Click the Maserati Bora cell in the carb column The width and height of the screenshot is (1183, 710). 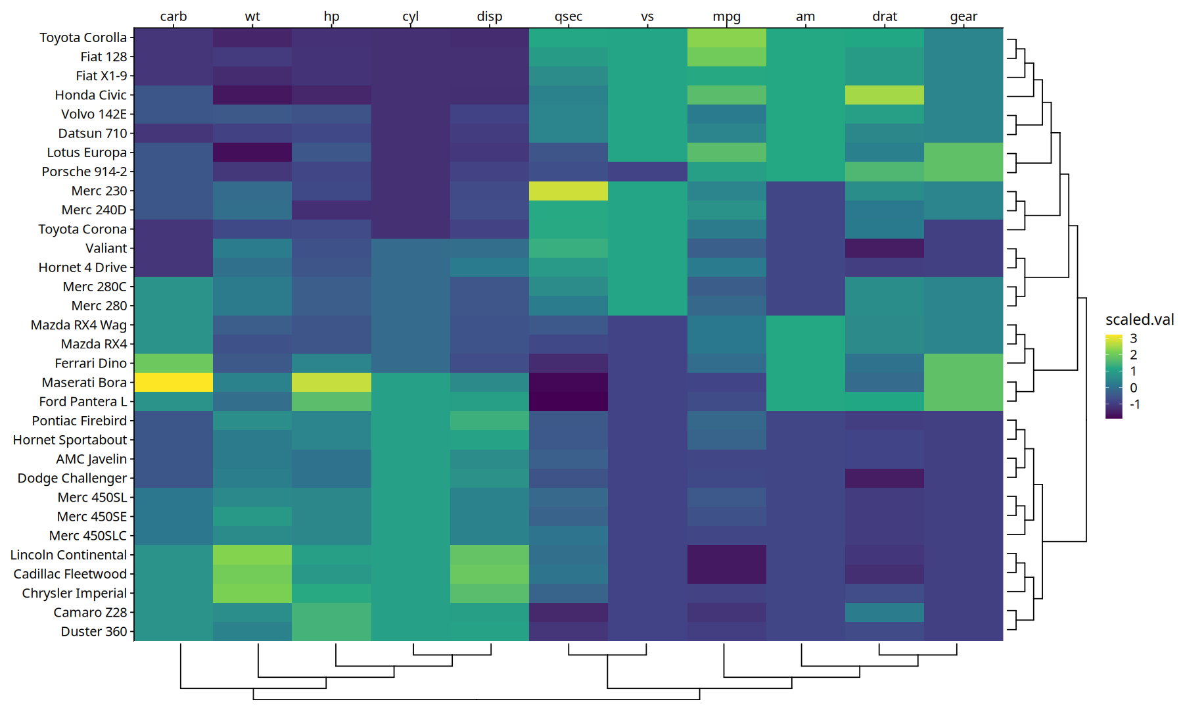coord(174,383)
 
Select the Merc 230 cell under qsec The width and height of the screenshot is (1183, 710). coord(568,191)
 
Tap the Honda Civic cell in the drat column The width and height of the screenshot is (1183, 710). coord(885,95)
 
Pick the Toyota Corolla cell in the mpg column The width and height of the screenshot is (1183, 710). coord(727,37)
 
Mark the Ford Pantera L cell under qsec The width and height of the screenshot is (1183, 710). coord(568,402)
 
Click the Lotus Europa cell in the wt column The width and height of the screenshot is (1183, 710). coord(252,153)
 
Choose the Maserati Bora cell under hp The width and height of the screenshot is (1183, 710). coord(332,383)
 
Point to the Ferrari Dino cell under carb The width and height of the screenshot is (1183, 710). coord(174,364)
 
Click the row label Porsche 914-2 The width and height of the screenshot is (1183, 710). coord(84,172)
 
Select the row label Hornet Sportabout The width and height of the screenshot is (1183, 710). coord(70,440)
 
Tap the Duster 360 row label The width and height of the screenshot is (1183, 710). coord(94,632)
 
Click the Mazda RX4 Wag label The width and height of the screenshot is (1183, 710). coord(79,325)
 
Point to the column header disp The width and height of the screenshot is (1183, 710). coord(490,16)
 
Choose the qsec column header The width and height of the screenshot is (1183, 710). coord(568,17)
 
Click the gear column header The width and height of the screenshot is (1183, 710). coord(963,17)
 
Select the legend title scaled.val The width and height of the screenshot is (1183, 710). coord(1140,319)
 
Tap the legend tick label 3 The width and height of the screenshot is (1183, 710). coord(1134,339)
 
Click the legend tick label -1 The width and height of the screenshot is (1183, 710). coord(1135,404)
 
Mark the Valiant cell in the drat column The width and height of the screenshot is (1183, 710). coord(885,248)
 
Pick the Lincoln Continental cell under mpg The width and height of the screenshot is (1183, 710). coord(727,555)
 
